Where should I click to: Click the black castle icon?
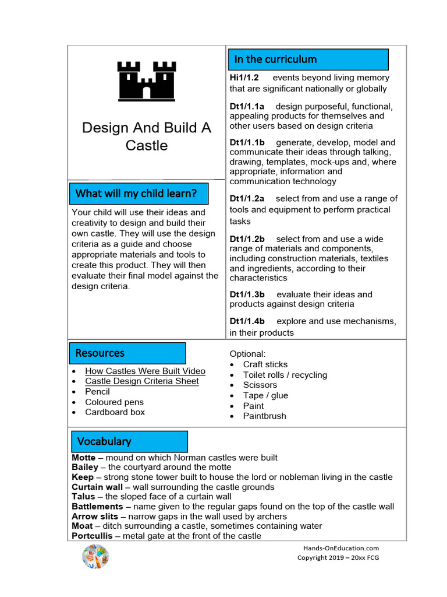pos(146,80)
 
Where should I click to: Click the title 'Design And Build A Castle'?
pos(146,136)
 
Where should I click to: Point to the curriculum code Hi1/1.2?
pos(244,78)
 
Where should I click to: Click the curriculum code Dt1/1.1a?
pos(247,106)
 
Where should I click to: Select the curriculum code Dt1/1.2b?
pos(247,239)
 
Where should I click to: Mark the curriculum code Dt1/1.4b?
pos(247,321)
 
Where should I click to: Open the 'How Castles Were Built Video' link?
pos(145,371)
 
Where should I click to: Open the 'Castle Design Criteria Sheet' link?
pos(142,381)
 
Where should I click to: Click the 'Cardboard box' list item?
pos(115,412)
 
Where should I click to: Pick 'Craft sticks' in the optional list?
pos(265,364)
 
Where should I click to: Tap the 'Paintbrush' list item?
pos(264,416)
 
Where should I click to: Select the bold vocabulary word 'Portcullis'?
pos(91,536)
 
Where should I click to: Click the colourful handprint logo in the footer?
pos(95,556)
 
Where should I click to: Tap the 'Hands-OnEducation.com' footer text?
pos(341,548)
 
